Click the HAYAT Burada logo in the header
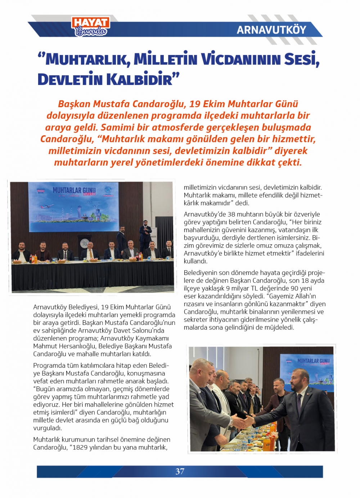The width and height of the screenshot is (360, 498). click(91, 26)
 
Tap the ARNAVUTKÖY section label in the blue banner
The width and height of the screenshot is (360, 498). click(271, 30)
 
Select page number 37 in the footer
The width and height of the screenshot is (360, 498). click(180, 471)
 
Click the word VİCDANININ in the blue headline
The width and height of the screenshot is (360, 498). click(240, 59)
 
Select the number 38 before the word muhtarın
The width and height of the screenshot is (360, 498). click(231, 214)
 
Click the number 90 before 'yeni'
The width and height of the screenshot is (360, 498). click(294, 288)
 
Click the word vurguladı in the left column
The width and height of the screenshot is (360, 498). click(48, 428)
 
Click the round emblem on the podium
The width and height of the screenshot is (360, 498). click(85, 244)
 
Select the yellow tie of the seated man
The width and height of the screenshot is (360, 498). click(91, 254)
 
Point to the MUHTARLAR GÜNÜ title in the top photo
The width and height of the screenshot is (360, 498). click(74, 190)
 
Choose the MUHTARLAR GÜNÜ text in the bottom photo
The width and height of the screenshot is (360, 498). click(313, 361)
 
